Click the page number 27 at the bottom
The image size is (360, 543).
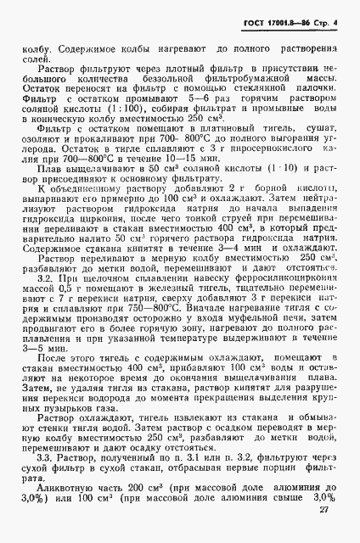point(323,533)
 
